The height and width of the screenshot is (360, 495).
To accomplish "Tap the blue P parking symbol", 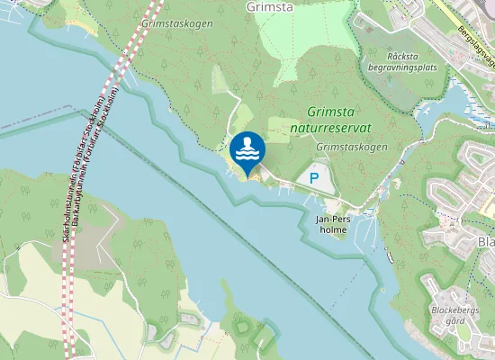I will pos(314,179).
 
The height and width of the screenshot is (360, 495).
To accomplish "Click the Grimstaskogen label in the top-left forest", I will pos(178,24).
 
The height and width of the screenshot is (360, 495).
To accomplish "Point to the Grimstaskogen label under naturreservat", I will pos(352,147).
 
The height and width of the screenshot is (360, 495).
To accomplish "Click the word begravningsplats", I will pos(401,66).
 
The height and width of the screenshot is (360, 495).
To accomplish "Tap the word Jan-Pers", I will pos(332,219).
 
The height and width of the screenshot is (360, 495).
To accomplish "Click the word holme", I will pos(332,229).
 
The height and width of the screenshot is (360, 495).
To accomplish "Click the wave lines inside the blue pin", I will pos(247,155).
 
